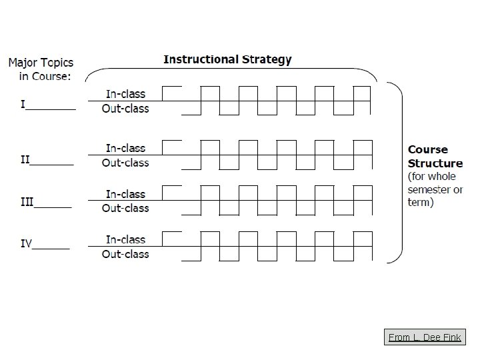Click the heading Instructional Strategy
pos(227,59)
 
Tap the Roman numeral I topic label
pos(23,105)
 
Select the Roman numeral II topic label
pos(25,159)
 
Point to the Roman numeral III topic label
pos(27,202)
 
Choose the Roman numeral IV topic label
pos(26,243)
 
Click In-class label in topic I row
pos(125,94)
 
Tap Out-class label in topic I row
pos(125,109)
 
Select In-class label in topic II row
pos(125,148)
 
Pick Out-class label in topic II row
pos(125,163)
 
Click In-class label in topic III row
pos(125,194)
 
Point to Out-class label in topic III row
pos(125,208)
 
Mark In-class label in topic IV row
pos(125,239)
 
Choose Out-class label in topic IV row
pos(125,254)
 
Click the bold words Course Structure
pos(435,157)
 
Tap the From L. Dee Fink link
pos(424,337)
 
